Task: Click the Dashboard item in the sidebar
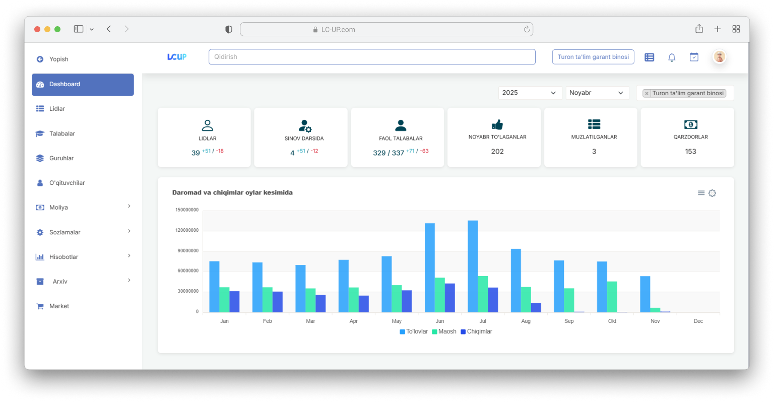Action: pos(83,84)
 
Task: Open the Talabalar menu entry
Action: pos(62,133)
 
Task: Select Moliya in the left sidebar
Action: pos(58,208)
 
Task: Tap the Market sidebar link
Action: pos(59,306)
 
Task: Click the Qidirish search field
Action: pos(371,57)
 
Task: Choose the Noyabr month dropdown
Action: pos(597,93)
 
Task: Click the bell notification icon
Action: pos(672,57)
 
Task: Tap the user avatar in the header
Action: pos(720,57)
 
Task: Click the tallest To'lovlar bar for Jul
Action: pos(473,266)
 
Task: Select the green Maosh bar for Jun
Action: pos(440,295)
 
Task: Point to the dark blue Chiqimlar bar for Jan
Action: pos(234,301)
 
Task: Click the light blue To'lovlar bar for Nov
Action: pos(645,294)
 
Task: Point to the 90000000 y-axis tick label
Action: pos(187,251)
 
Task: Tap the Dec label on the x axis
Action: pos(698,321)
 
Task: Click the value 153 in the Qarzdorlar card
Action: pos(690,151)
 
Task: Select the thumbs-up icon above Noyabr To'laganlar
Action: pos(497,124)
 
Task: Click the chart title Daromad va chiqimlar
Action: pos(232,192)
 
